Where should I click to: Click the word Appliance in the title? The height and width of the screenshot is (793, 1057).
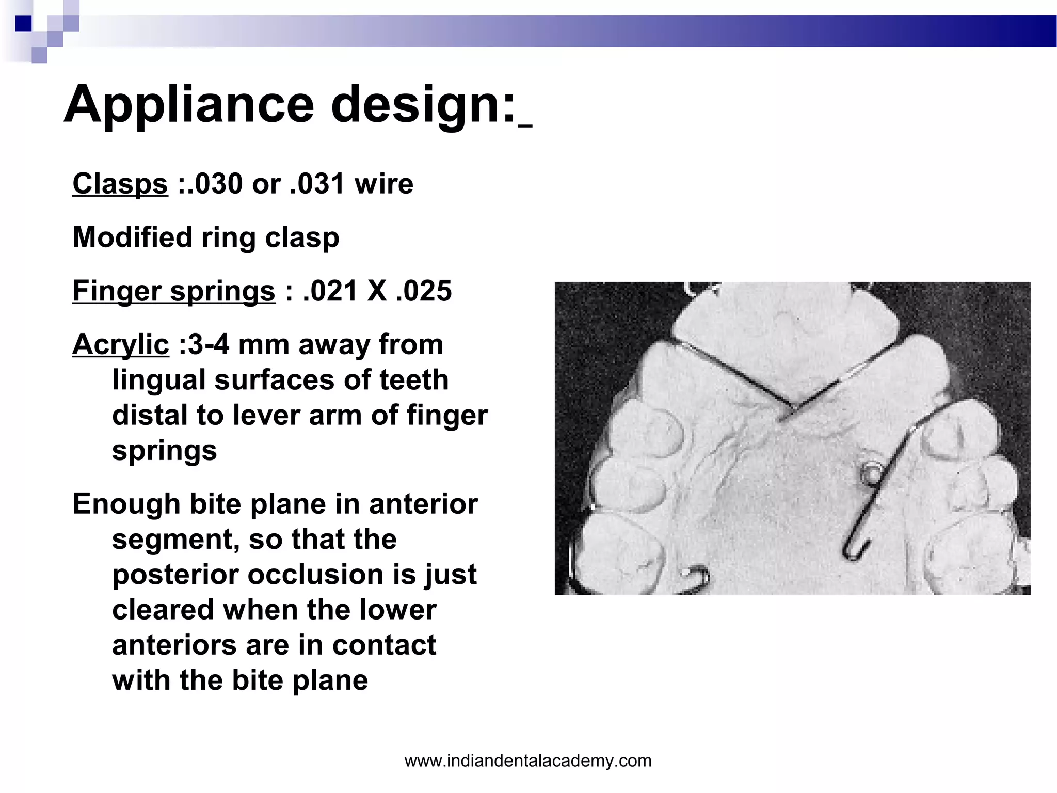189,104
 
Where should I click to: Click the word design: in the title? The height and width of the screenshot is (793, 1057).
423,104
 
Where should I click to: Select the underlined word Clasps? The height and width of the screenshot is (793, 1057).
120,184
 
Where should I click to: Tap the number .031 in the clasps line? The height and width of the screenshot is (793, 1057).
317,184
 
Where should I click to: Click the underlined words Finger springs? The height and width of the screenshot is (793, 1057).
174,291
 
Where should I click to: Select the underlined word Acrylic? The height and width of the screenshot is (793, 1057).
120,344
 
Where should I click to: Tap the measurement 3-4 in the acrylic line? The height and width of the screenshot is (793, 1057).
209,344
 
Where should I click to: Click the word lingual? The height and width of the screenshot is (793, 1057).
158,380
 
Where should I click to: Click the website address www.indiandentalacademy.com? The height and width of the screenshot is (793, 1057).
528,760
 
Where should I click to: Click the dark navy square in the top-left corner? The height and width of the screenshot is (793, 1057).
24,24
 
